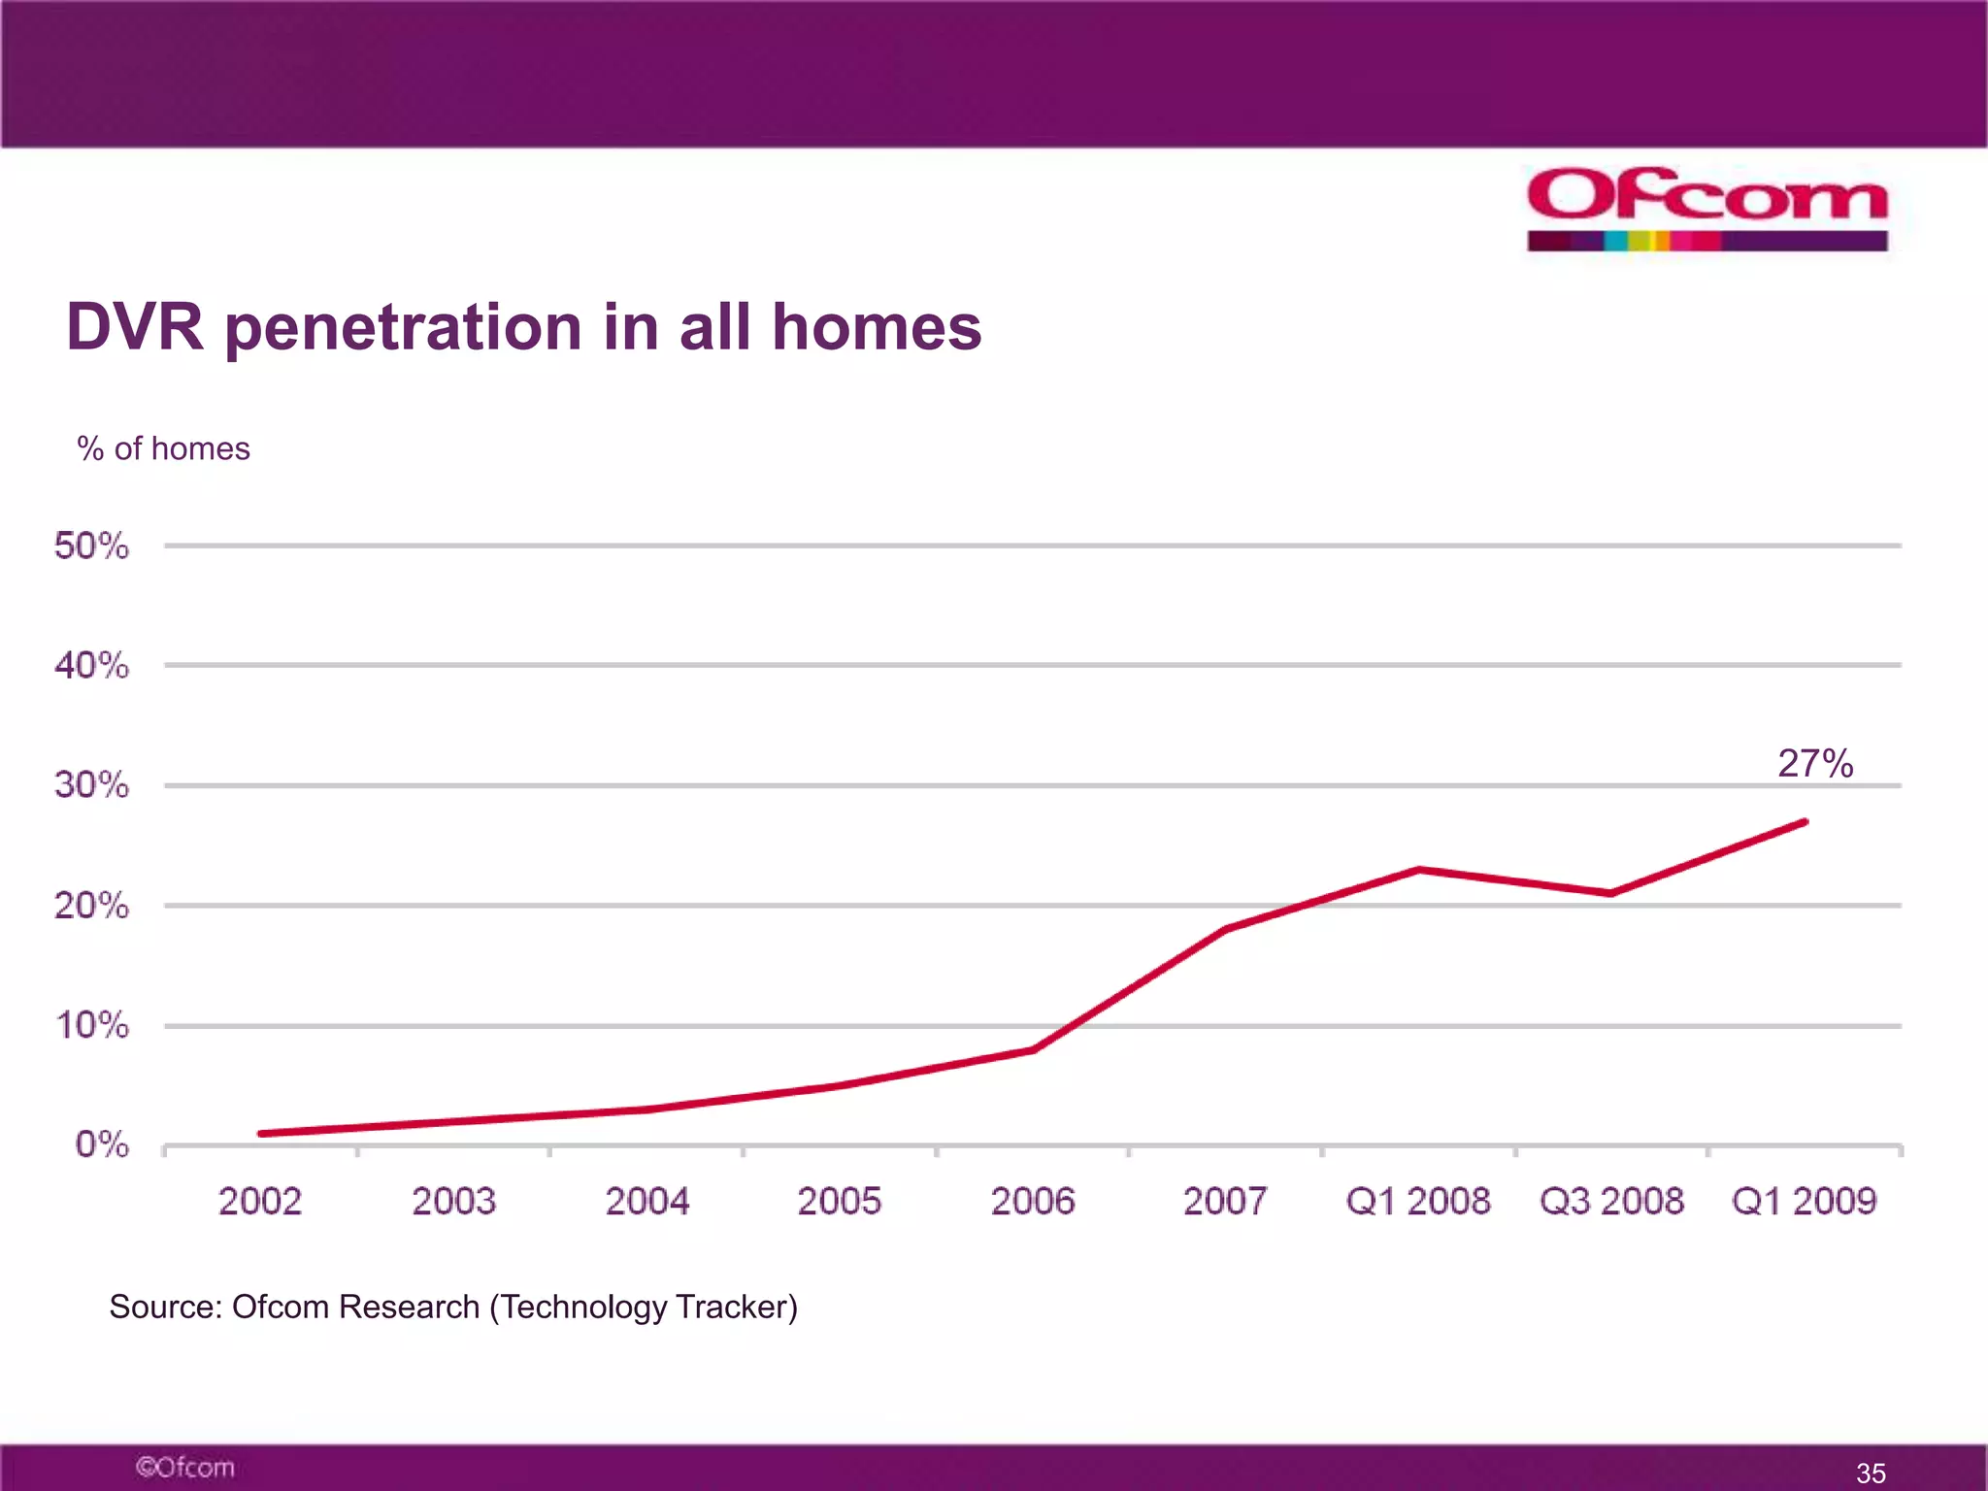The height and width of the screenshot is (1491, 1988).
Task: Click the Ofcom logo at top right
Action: click(x=1706, y=207)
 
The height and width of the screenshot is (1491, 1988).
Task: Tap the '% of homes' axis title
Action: click(x=163, y=448)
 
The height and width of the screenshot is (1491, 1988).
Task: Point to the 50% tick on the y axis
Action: click(x=91, y=546)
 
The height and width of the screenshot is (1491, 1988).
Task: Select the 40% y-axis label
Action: click(x=91, y=666)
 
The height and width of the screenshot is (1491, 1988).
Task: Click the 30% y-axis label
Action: click(x=91, y=785)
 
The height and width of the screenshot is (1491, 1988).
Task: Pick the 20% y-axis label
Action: click(x=91, y=906)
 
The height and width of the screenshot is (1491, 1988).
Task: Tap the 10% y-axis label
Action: click(x=91, y=1025)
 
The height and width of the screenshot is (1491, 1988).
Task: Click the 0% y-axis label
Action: click(x=102, y=1144)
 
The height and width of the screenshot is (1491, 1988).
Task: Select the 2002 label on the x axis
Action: click(x=260, y=1202)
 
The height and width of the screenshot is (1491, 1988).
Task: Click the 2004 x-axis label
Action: click(x=646, y=1202)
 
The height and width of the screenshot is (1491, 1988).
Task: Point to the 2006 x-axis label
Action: click(x=1033, y=1202)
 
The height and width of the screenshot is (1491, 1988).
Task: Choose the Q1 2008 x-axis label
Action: click(x=1417, y=1202)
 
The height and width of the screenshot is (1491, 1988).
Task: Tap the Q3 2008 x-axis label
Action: click(x=1611, y=1202)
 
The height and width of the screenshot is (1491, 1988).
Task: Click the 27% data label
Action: click(x=1815, y=764)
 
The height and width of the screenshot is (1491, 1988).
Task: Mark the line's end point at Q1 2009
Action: click(x=1804, y=822)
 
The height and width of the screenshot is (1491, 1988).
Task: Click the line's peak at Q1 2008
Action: click(x=1418, y=870)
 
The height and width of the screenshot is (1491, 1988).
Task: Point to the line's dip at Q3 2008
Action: click(x=1611, y=893)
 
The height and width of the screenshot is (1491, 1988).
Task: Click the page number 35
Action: click(x=1871, y=1473)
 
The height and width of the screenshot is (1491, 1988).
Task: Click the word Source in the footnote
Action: click(x=166, y=1308)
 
